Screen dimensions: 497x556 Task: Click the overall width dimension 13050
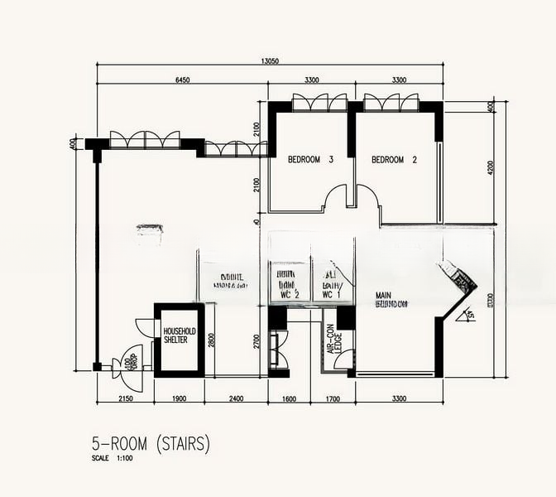tap(270, 60)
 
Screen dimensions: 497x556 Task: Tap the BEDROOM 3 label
tap(310, 159)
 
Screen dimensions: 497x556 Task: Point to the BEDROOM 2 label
tap(393, 159)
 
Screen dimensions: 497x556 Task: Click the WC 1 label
tap(331, 293)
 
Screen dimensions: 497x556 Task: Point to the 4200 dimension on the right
tap(491, 168)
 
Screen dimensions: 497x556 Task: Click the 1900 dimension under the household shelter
tap(179, 399)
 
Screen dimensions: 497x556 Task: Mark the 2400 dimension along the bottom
tap(236, 399)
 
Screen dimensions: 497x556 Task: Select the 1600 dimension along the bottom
tap(289, 399)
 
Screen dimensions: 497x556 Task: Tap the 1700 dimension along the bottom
tap(332, 399)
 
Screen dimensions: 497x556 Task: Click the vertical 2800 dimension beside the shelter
tap(211, 340)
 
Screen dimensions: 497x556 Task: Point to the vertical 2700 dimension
tap(257, 340)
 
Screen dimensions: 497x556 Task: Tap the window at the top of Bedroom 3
tap(315, 104)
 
